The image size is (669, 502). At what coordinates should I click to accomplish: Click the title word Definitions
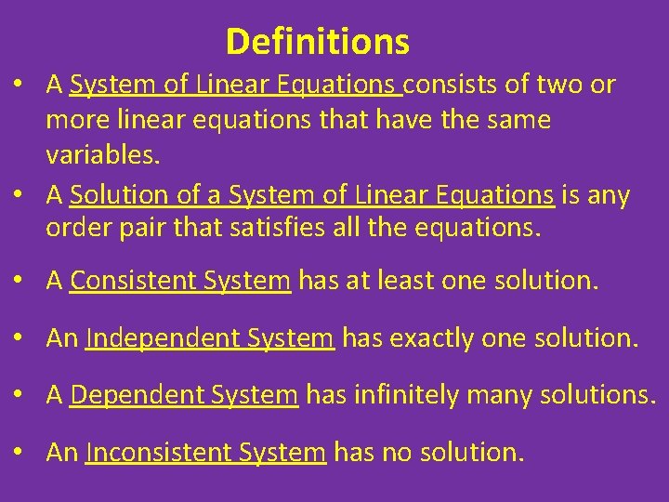(x=317, y=42)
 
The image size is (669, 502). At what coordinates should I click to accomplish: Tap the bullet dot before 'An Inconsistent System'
(x=19, y=454)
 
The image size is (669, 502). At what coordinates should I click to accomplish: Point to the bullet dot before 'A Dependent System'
(x=19, y=396)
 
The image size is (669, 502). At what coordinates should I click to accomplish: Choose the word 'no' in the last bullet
(x=396, y=453)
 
